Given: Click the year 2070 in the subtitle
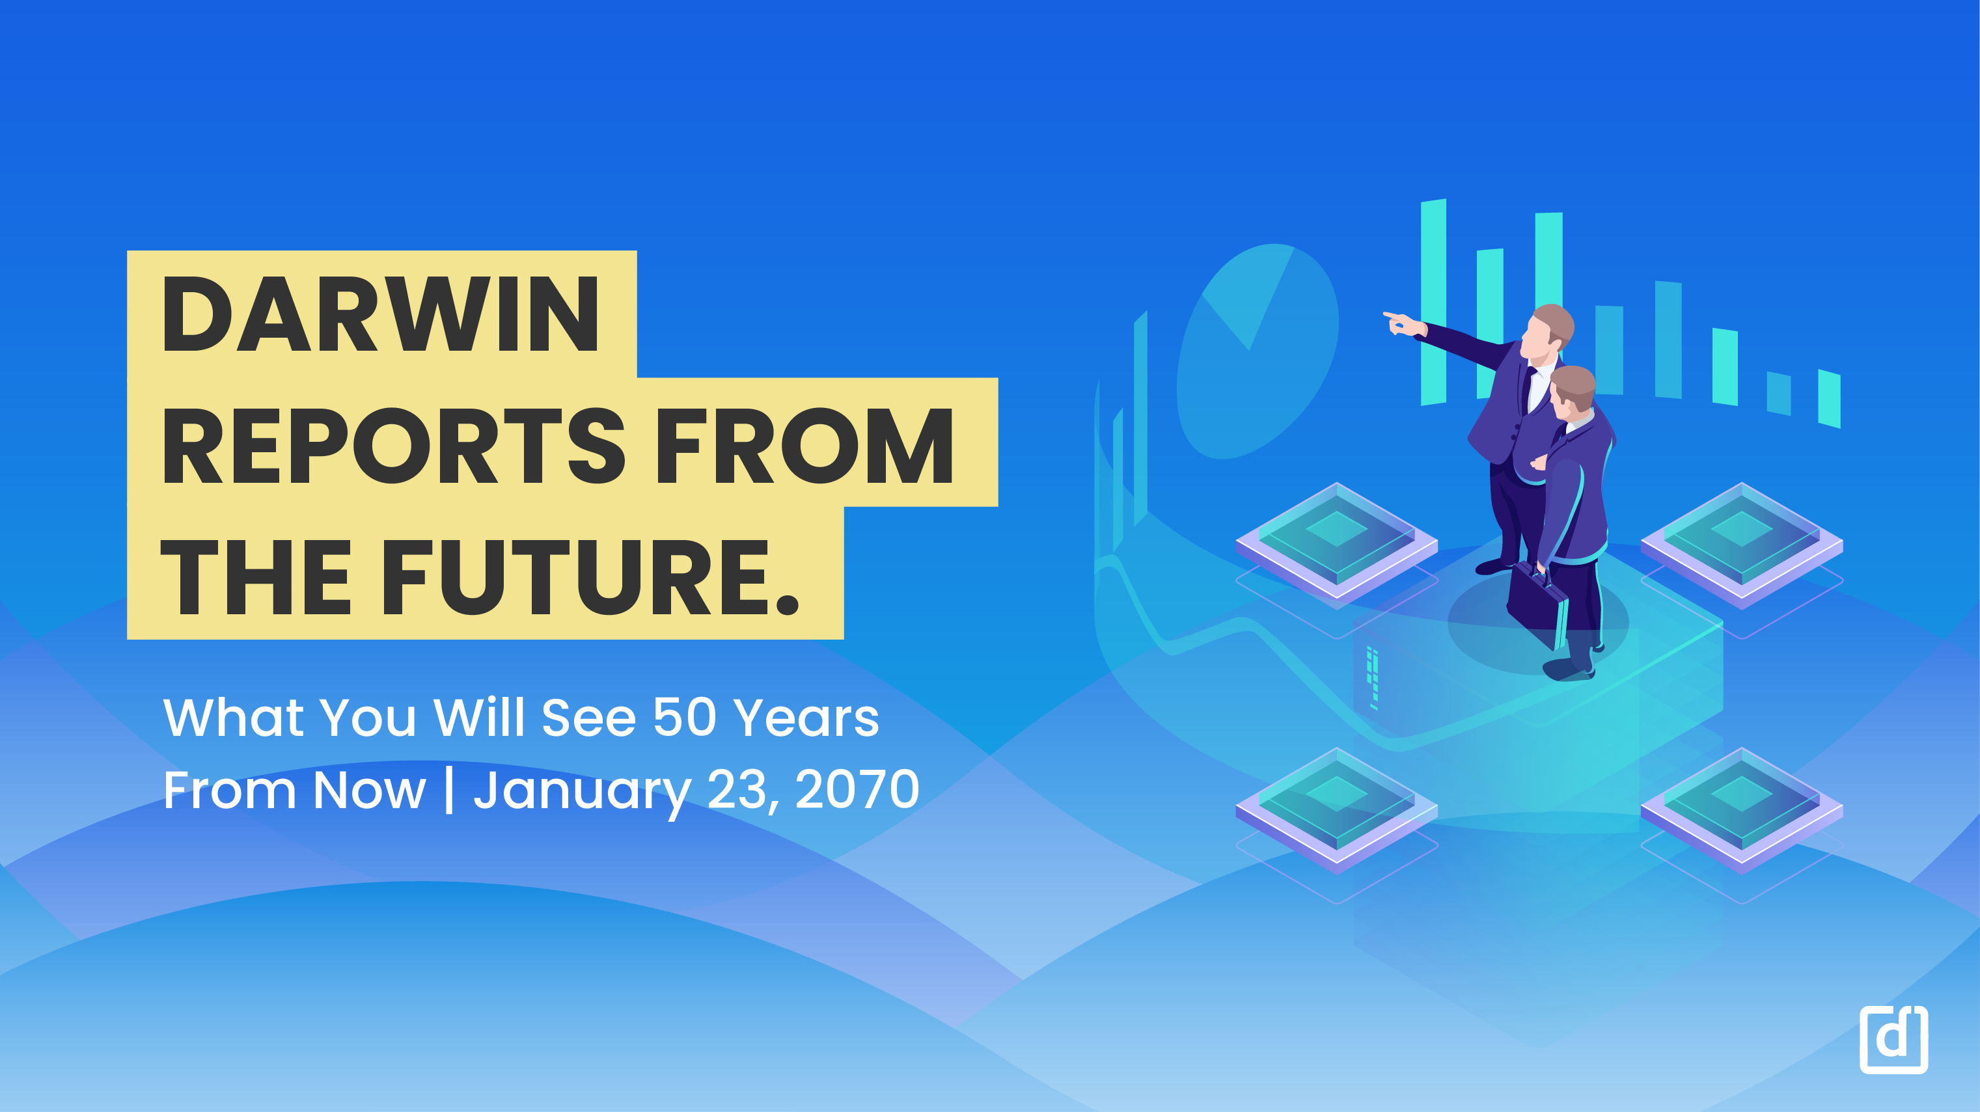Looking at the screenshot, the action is [857, 789].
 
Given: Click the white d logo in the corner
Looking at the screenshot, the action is [1893, 1039].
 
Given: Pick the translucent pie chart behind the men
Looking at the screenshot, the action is [1258, 351].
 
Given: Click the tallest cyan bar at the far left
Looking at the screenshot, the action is [1433, 302].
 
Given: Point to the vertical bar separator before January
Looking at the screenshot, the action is [449, 789].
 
